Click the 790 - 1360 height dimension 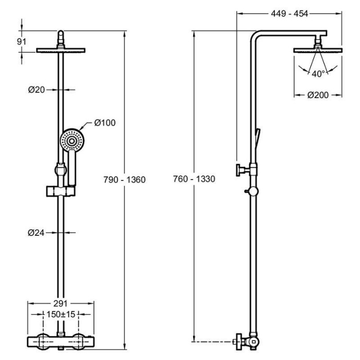click(124, 179)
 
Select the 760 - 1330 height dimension click(194, 179)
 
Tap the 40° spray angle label click(318, 74)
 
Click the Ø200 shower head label click(317, 95)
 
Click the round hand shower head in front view click(71, 139)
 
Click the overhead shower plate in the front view click(62, 51)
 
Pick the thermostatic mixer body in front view click(62, 342)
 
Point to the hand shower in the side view click(258, 137)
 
